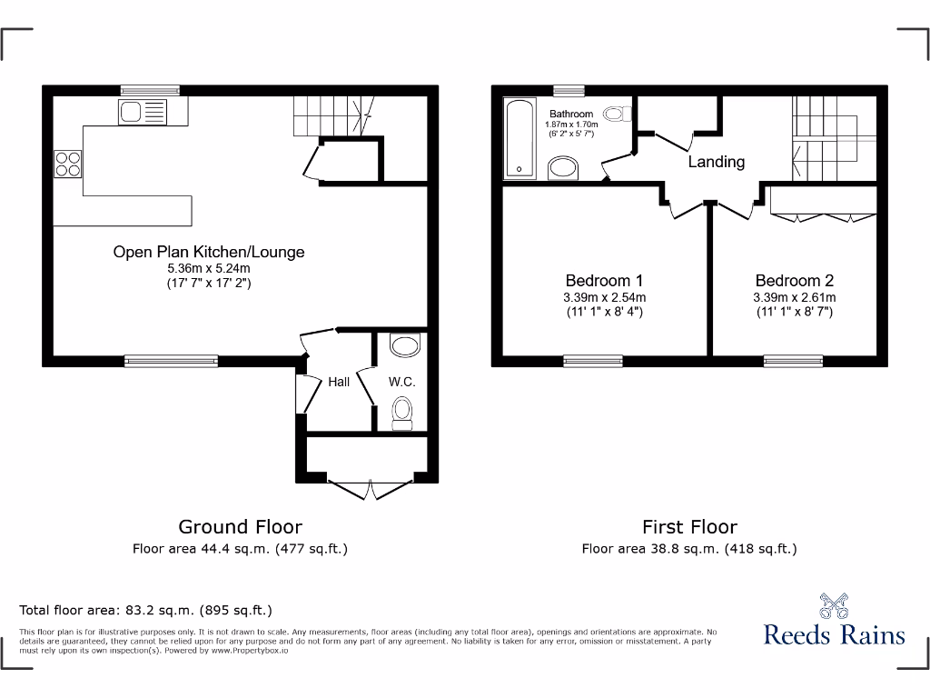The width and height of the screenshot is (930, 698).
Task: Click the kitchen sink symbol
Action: (140, 113)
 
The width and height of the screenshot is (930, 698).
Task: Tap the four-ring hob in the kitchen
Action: (68, 163)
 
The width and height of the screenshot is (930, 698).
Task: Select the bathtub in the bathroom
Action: (519, 138)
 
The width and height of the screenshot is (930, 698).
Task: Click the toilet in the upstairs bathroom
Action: (618, 115)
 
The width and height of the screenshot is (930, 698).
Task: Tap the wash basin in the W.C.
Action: (404, 345)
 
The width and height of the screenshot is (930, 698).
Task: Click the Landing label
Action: (716, 162)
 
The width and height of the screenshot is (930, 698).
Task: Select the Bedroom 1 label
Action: (604, 281)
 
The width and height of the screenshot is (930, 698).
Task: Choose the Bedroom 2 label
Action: (794, 281)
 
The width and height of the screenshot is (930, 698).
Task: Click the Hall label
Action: (339, 382)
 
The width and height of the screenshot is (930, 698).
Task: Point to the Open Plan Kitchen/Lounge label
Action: (209, 252)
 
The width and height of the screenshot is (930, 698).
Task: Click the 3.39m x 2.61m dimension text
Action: (794, 297)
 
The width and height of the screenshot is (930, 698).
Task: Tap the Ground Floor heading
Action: (240, 526)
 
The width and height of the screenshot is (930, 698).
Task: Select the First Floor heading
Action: (689, 526)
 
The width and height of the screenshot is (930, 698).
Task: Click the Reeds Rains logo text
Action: (834, 633)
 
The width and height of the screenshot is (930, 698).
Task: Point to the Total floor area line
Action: (146, 610)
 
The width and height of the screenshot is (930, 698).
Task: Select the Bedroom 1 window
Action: (592, 361)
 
